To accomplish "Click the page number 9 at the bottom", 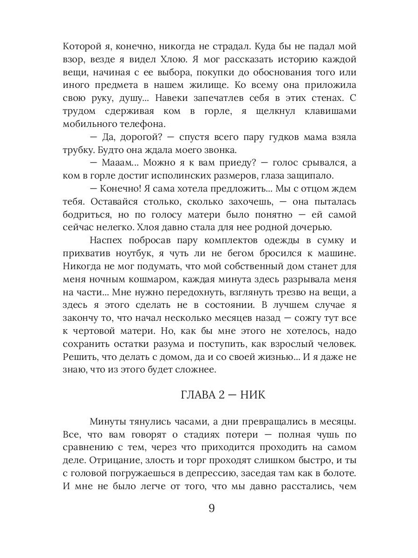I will pyautogui.click(x=211, y=508).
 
